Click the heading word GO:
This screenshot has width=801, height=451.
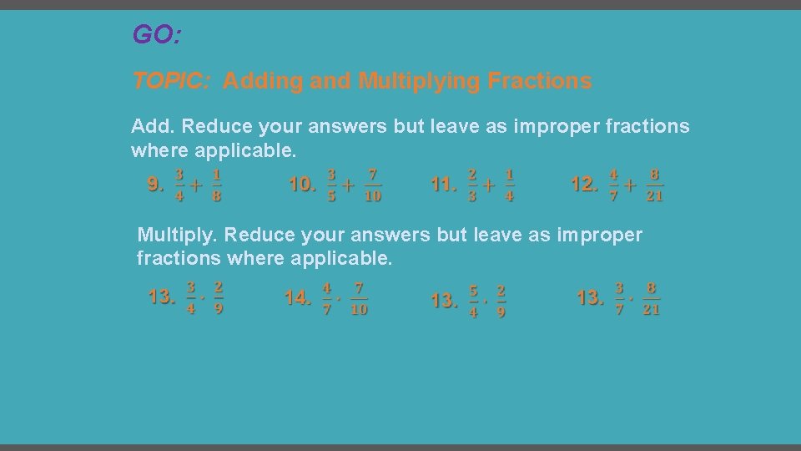(157, 35)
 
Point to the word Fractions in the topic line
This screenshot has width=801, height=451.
(539, 81)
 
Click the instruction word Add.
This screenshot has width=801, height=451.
(153, 127)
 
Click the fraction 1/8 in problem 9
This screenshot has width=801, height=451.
(216, 185)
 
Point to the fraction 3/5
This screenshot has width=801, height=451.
(331, 185)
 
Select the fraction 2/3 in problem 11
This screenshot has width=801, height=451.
(472, 185)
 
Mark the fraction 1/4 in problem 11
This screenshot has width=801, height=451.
(509, 185)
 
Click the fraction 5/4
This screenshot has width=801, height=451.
(473, 301)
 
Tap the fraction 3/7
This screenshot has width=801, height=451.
(619, 298)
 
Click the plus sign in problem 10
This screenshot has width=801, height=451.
(348, 185)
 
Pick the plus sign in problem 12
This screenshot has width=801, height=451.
(630, 185)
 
